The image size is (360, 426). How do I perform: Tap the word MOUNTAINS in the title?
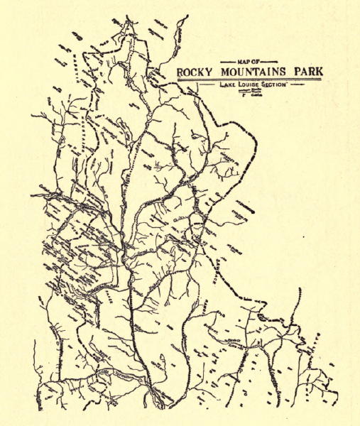click(x=255, y=72)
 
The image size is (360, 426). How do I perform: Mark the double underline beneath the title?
click(x=249, y=80)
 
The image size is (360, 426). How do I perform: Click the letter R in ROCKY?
click(x=180, y=72)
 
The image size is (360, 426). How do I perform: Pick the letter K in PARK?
click(x=317, y=72)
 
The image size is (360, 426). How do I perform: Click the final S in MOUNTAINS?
click(x=285, y=72)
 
